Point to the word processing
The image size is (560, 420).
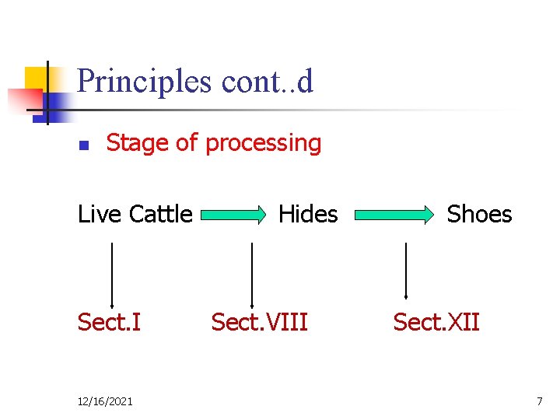pyautogui.click(x=263, y=143)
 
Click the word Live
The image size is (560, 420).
pyautogui.click(x=99, y=214)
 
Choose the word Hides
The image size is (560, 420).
pyautogui.click(x=308, y=214)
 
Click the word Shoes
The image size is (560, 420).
pyautogui.click(x=479, y=214)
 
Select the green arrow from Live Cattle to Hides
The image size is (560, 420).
pyautogui.click(x=238, y=215)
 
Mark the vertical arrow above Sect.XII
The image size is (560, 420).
pyautogui.click(x=406, y=271)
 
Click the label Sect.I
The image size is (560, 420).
pyautogui.click(x=109, y=321)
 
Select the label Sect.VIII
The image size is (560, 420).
pyautogui.click(x=260, y=321)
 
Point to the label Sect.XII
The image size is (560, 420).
pyautogui.click(x=436, y=321)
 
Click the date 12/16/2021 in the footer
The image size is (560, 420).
pyautogui.click(x=105, y=401)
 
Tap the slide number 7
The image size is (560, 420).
pyautogui.click(x=539, y=401)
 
